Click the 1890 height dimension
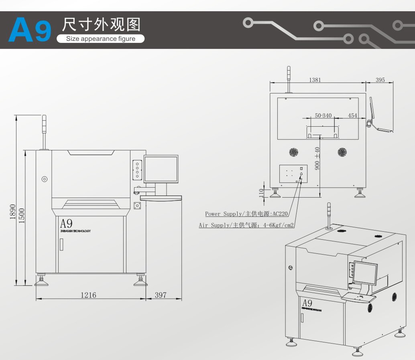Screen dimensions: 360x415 (12, 212)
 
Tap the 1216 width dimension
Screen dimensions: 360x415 (88, 295)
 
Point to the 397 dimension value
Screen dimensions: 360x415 (160, 295)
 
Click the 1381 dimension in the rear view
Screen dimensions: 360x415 (315, 80)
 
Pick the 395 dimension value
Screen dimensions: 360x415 (380, 80)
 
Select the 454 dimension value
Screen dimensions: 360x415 (352, 115)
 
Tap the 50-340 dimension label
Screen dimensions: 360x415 (323, 115)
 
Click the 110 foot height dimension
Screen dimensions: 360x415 (261, 193)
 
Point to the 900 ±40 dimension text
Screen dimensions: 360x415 (317, 158)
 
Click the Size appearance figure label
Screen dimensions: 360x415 (100, 39)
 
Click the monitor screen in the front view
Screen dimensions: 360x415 (161, 169)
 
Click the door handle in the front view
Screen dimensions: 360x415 (61, 244)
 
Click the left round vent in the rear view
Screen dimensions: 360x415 (294, 152)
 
